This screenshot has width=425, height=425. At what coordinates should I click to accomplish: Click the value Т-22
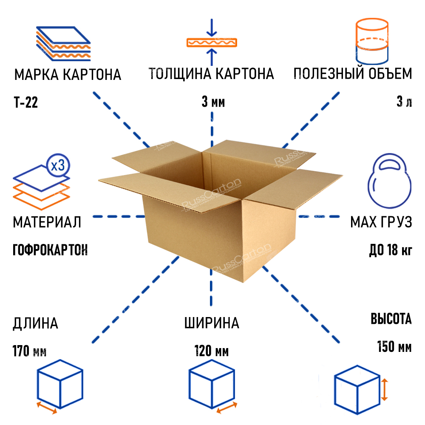coord(26,103)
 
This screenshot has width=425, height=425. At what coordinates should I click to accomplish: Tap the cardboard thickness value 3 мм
coord(212,103)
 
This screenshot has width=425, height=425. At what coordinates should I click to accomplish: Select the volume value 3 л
coord(404,102)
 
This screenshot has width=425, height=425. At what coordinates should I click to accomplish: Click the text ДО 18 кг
coord(391,250)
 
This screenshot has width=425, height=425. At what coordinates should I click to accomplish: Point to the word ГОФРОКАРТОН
coord(50,250)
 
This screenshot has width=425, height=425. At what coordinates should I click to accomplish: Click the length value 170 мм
coord(29,351)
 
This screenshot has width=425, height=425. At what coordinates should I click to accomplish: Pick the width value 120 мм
coord(212,351)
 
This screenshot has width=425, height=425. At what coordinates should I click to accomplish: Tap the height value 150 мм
coord(394,347)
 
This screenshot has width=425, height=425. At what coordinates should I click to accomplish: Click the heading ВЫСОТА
coord(391,319)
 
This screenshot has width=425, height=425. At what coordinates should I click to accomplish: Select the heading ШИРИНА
coord(212,323)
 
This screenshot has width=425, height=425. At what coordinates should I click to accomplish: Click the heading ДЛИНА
coord(35,323)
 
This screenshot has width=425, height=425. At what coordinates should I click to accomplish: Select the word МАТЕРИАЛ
coord(47,222)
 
